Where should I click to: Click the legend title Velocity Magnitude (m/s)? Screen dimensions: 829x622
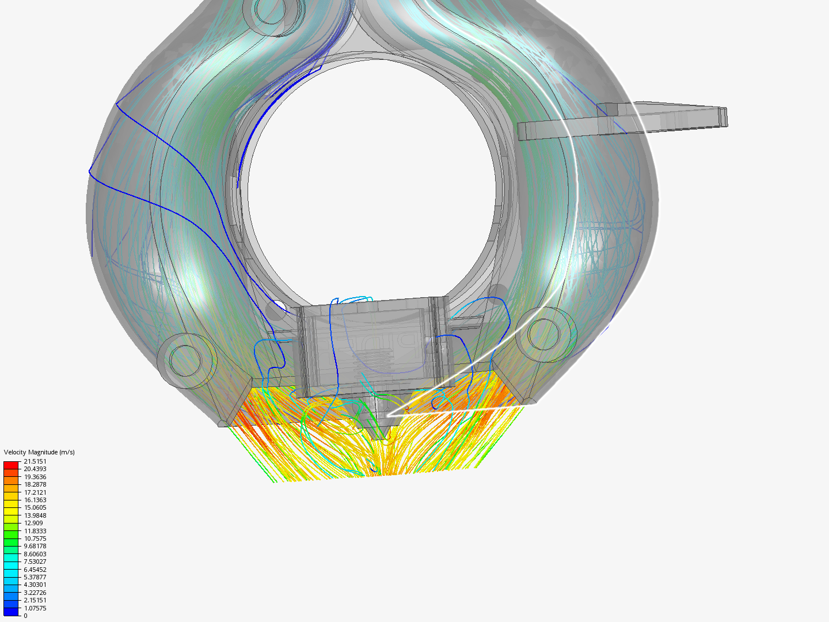pos(39,452)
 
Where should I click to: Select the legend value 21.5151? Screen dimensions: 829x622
pos(35,461)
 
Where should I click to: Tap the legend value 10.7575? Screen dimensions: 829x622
pos(35,538)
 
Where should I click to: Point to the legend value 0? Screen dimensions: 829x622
pos(26,616)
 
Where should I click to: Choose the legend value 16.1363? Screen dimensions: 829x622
pos(35,500)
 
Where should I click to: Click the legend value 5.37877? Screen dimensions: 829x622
pos(35,577)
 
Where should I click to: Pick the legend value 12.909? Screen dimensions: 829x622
pos(33,523)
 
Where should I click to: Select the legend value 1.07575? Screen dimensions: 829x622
pos(35,608)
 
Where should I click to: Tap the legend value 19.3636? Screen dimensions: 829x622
pos(35,477)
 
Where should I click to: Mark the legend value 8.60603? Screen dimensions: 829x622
pos(35,554)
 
